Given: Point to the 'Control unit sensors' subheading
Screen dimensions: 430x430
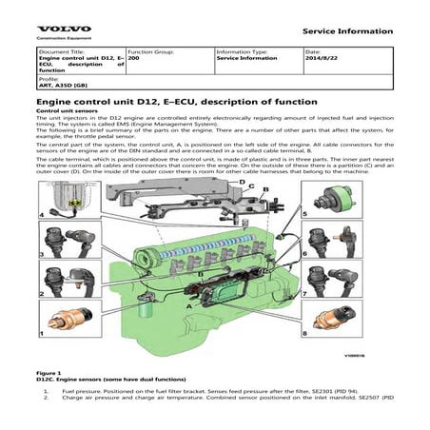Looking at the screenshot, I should pos(65,111).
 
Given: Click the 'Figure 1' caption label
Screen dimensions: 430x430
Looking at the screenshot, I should pos(48,373).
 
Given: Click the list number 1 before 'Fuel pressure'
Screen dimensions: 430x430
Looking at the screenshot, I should pos(47,391).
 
